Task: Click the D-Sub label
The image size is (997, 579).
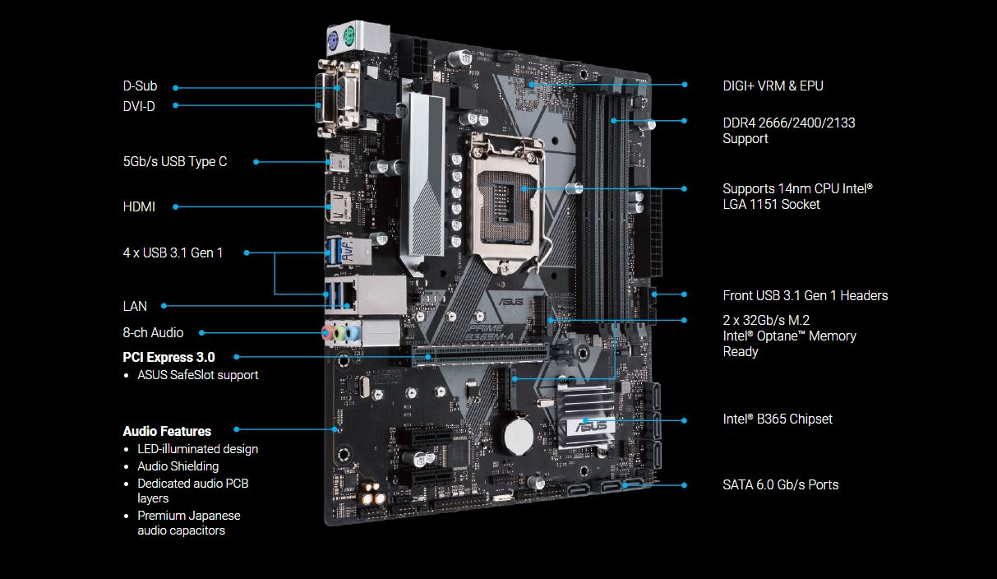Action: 140,86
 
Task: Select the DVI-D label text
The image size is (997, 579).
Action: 139,106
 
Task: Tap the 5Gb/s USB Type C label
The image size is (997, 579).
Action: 175,161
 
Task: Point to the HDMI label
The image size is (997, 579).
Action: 139,206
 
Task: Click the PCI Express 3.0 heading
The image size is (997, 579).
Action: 168,357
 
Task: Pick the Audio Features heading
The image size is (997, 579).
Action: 167,431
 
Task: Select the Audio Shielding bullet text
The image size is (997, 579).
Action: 178,466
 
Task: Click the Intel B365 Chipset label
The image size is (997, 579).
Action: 778,419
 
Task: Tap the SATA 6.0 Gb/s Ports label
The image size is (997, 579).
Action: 781,484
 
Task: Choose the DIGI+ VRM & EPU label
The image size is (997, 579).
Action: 773,86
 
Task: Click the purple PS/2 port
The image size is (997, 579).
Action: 334,42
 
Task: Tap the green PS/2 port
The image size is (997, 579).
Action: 349,37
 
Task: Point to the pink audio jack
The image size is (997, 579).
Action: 327,332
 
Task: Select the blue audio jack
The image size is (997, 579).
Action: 353,333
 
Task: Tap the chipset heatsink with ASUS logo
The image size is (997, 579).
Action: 585,416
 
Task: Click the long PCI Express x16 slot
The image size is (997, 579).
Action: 480,355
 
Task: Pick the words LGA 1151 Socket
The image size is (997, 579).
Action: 771,205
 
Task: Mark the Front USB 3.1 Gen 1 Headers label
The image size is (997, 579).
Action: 805,296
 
